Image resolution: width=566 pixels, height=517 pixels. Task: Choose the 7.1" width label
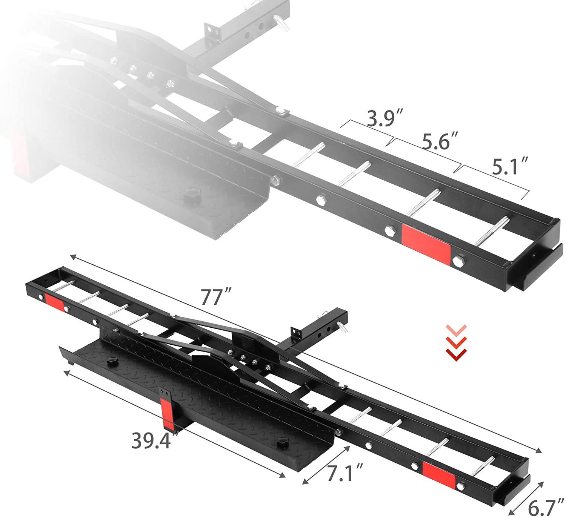(x=344, y=473)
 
